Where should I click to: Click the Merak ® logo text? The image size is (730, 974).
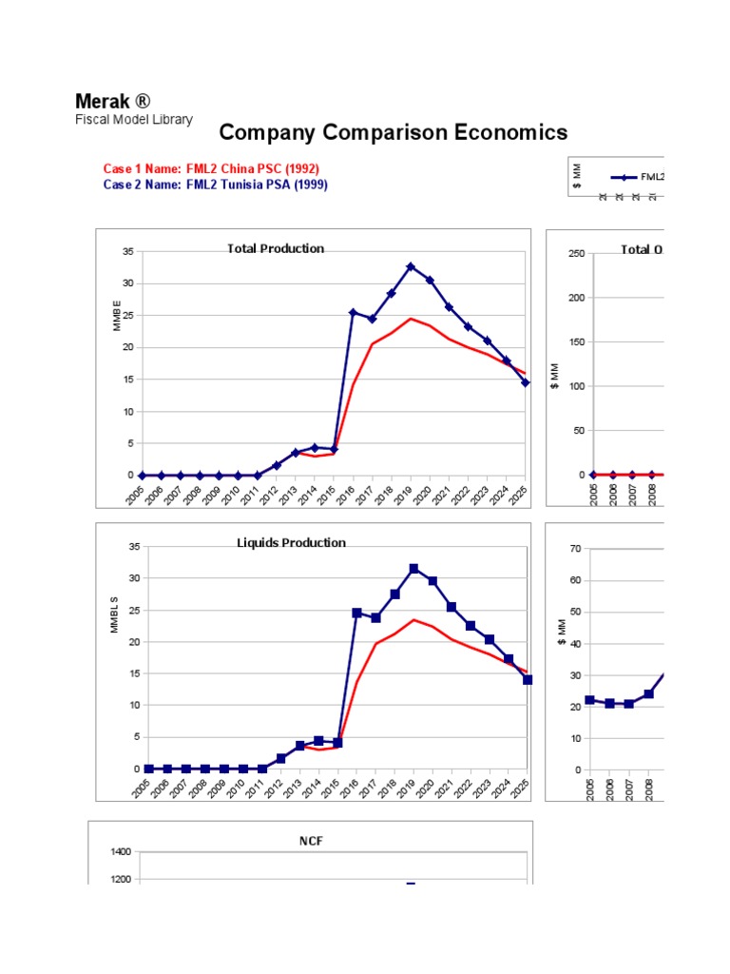coord(112,102)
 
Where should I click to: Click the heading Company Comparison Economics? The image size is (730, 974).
coord(393,132)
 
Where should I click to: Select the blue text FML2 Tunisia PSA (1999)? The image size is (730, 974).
coord(256,185)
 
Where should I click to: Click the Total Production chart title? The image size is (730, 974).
coord(275,248)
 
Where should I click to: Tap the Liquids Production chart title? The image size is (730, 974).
coord(291,542)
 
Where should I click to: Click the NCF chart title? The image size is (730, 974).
coord(311,841)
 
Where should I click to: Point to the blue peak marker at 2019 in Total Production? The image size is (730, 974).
coord(411,267)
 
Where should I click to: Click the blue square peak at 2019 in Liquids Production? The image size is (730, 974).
coord(413,569)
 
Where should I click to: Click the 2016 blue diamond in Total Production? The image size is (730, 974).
coord(353,313)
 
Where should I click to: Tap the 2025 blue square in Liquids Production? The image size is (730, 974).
coord(527,679)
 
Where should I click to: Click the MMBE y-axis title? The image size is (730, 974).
coord(117,316)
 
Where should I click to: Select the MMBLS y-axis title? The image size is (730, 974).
coord(114,614)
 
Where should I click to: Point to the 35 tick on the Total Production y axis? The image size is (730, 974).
coord(128,252)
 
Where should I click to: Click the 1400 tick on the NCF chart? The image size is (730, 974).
coord(120,852)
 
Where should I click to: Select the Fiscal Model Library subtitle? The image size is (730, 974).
coord(134,120)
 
